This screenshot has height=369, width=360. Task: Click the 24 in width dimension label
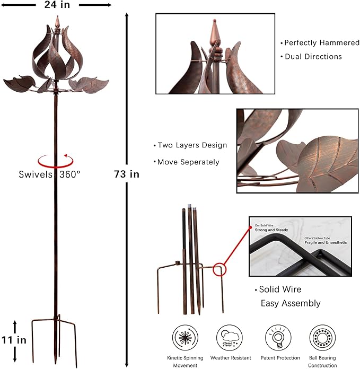point(57,5)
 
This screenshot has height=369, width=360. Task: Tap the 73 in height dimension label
point(127,174)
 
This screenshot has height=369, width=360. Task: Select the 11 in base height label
point(13,339)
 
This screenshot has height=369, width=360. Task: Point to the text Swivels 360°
point(50,174)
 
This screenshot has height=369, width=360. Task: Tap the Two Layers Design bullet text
point(192,145)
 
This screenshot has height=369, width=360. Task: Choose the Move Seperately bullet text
point(188,162)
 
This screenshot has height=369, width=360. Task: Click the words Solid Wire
point(280,289)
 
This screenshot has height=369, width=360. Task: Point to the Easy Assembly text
point(290,303)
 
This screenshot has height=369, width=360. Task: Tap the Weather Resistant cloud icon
point(230,338)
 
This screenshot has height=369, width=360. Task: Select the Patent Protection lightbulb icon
point(276,338)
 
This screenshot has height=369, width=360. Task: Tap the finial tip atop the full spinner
point(57,20)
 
